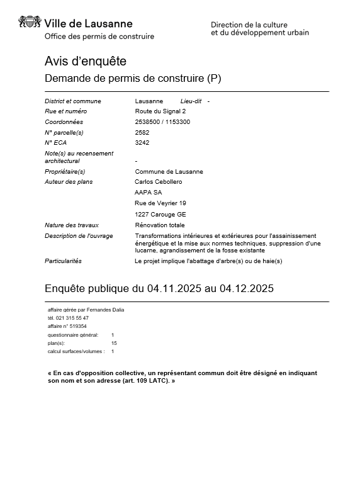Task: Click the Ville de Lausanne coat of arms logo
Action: (x=30, y=24)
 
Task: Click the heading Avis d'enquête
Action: (x=86, y=62)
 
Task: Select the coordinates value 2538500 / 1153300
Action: (x=162, y=122)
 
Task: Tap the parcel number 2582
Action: (x=142, y=132)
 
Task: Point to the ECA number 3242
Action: (x=142, y=143)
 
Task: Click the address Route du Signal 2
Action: (x=160, y=111)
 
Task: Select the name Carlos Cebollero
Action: (x=159, y=182)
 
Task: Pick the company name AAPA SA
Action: (x=149, y=193)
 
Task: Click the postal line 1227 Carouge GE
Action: (x=160, y=214)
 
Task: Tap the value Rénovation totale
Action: (x=160, y=225)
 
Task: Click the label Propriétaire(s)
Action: (x=65, y=172)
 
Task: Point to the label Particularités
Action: (x=63, y=261)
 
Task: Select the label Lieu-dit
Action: (x=191, y=101)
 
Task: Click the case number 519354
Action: (x=77, y=327)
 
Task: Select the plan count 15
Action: (x=114, y=343)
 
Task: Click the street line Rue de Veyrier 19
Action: (x=160, y=203)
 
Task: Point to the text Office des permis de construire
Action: (x=99, y=37)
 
